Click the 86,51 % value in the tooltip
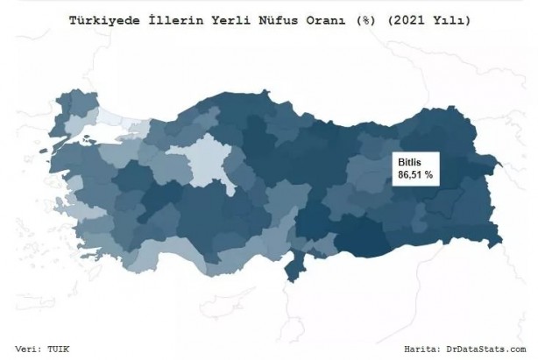417,176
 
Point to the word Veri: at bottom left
32,347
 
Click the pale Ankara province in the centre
211,162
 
